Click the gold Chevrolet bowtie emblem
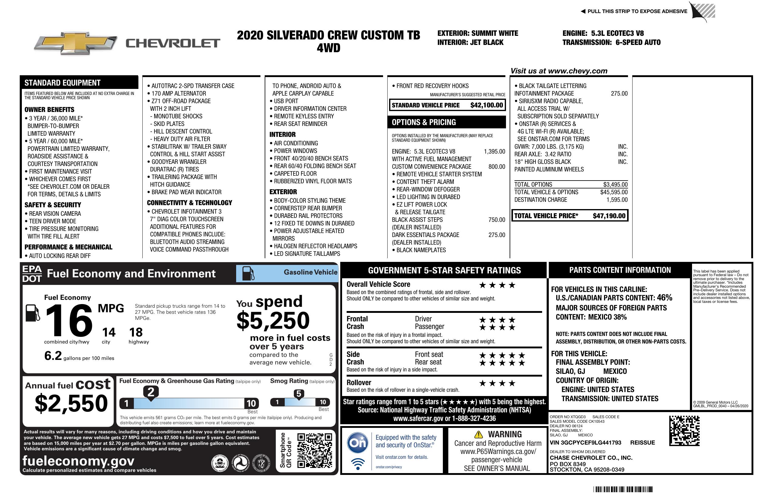[76, 43]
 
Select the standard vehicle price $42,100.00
[487, 105]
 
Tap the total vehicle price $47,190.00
[609, 216]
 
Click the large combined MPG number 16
[69, 320]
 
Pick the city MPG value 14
[109, 332]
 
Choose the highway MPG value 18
[136, 332]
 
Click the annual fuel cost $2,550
[71, 403]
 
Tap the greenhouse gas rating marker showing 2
[151, 392]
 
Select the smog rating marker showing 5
[299, 394]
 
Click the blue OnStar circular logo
[358, 442]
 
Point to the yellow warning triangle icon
[478, 434]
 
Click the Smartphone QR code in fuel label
[315, 450]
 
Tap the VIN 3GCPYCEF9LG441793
[586, 442]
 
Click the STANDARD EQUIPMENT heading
[63, 83]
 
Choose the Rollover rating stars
[497, 383]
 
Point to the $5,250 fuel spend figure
[273, 320]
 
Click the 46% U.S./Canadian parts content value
[664, 297]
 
